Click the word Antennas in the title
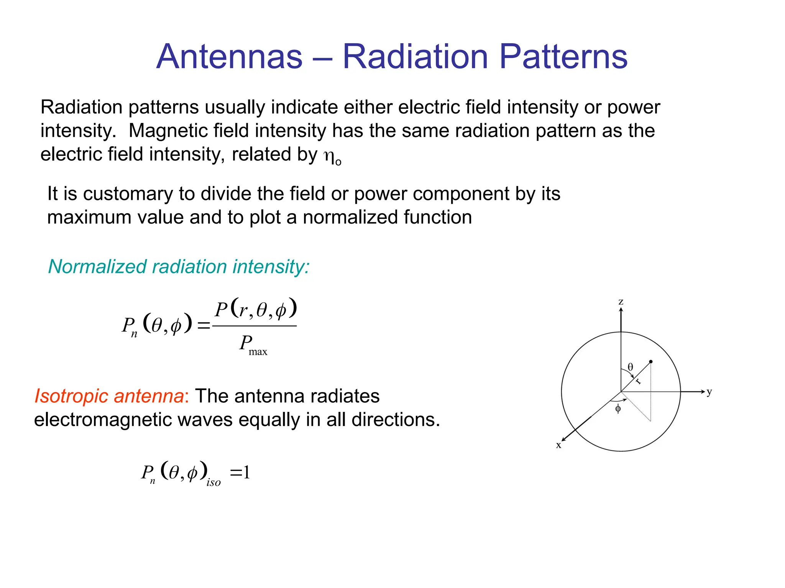coord(229,57)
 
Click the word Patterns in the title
coord(563,57)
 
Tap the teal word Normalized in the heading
coord(97,266)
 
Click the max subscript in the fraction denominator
coord(258,352)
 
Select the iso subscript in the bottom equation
coord(213,482)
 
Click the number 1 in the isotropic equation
coord(246,472)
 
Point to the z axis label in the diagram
coord(621,302)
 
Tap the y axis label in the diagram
coord(709,392)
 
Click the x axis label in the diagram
coord(558,445)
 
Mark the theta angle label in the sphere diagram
coord(630,367)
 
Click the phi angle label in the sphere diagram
coord(618,409)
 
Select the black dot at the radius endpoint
coord(651,361)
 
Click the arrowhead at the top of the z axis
coord(621,310)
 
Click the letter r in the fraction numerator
coord(242,310)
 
